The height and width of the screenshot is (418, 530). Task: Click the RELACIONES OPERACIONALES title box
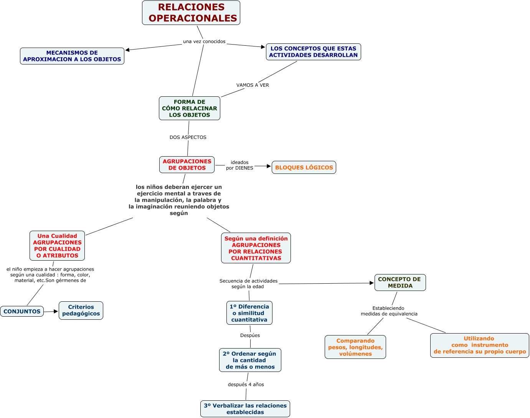[191, 13]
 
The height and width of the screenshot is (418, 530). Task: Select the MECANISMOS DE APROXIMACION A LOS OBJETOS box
[72, 56]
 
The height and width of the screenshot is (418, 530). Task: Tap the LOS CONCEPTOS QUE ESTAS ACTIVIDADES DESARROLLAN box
[313, 52]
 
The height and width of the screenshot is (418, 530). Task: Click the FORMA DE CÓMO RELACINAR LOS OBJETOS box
[190, 108]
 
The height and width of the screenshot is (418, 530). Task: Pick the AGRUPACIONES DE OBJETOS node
[187, 165]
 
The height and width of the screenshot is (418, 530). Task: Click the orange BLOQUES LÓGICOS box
[304, 167]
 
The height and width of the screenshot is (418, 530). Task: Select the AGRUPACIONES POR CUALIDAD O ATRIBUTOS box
[57, 246]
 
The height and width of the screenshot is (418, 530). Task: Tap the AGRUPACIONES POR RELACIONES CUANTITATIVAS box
[256, 248]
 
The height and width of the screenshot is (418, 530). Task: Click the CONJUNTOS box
[22, 311]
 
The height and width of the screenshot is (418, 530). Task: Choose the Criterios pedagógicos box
[81, 310]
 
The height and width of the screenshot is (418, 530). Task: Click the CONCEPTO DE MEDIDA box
[400, 283]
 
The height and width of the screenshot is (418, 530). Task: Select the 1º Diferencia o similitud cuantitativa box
[249, 313]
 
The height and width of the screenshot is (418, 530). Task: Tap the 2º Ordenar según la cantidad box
[250, 360]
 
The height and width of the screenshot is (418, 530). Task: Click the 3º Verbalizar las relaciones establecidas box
[245, 409]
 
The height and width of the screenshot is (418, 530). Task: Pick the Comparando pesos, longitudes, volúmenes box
[355, 347]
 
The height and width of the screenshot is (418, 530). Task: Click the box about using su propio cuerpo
[479, 345]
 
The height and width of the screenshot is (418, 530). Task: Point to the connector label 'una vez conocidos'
[204, 41]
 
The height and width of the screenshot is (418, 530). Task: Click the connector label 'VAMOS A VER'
[253, 85]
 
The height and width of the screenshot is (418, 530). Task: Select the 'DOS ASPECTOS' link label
[188, 137]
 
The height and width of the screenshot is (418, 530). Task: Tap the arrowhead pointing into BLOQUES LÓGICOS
[269, 166]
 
